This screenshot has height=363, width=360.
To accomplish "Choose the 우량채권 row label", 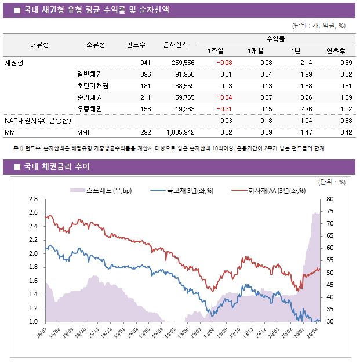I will click(90, 109).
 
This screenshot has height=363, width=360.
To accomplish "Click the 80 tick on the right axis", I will click(330, 199).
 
